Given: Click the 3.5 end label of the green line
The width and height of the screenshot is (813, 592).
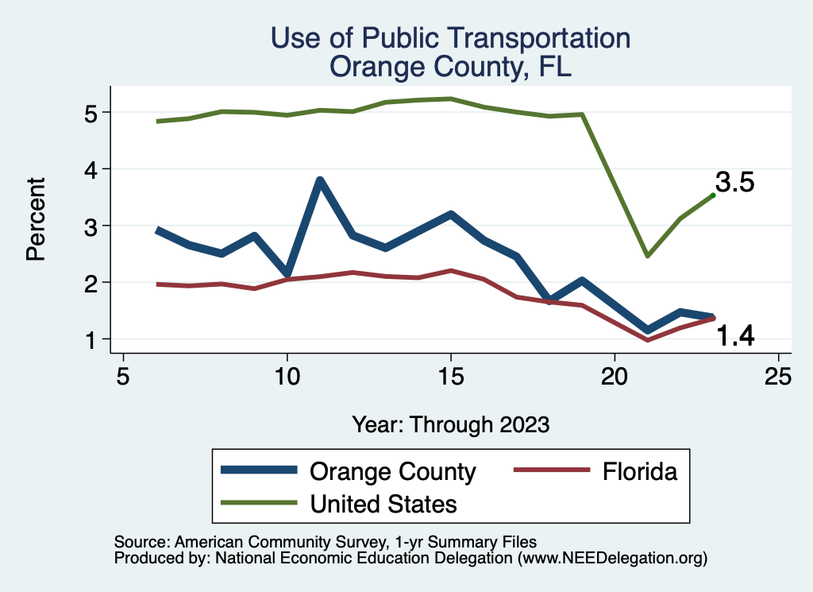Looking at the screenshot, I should click(734, 183).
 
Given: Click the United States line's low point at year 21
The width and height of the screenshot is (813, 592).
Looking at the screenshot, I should click(648, 256).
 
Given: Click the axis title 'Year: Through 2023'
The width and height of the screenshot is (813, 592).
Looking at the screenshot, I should click(451, 424).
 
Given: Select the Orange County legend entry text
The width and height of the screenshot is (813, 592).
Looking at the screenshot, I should click(392, 471).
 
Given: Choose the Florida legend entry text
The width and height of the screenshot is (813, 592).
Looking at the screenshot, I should click(639, 471).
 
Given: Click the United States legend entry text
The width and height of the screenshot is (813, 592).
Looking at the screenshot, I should click(383, 503).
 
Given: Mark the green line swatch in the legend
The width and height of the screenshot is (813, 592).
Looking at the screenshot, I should click(260, 503).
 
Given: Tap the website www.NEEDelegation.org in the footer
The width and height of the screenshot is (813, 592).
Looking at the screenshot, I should click(611, 559).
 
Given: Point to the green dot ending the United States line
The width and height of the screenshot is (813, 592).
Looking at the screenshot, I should click(713, 195).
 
